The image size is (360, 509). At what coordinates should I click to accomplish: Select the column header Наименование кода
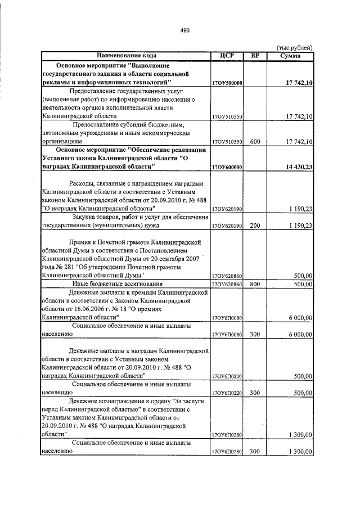(x=125, y=56)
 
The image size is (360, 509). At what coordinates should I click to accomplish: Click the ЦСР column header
(x=226, y=56)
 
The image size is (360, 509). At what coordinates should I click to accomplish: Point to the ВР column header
(x=255, y=56)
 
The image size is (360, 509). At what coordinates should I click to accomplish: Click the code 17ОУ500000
(x=227, y=83)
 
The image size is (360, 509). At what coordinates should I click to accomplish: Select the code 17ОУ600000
(x=227, y=167)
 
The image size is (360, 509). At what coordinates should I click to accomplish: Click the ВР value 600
(x=255, y=142)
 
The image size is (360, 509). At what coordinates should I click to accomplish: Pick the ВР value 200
(x=255, y=226)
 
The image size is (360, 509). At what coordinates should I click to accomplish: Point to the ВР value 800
(x=255, y=284)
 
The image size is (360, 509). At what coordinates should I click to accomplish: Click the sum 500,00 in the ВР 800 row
(x=303, y=284)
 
